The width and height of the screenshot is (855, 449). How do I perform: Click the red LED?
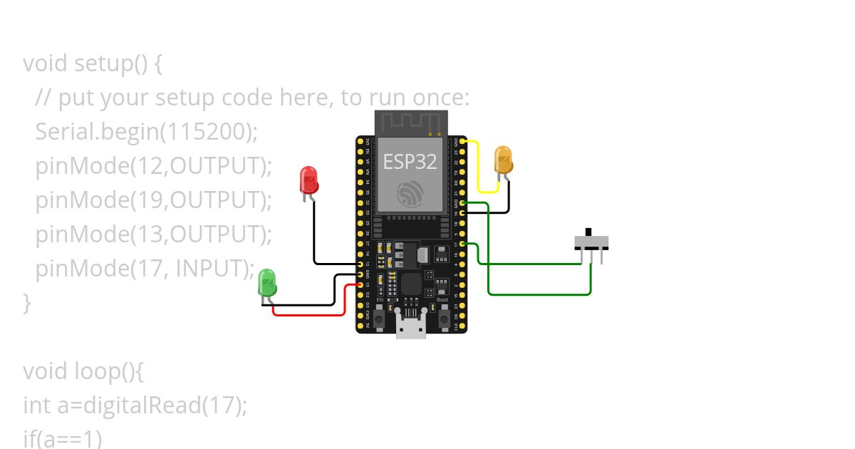309,180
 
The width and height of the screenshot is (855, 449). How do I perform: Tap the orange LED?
503,160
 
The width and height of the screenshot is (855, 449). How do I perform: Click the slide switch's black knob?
589,232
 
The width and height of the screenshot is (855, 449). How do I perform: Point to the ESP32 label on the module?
410,161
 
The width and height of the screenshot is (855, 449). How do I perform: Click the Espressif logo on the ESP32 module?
410,193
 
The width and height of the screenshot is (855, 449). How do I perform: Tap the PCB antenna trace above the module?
410,121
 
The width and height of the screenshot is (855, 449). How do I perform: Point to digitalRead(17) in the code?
165,406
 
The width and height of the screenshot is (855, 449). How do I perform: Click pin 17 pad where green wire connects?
464,244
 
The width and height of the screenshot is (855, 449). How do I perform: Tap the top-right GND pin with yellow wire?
464,142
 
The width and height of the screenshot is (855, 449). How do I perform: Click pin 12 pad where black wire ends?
360,264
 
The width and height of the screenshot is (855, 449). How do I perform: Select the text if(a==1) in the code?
63,438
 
